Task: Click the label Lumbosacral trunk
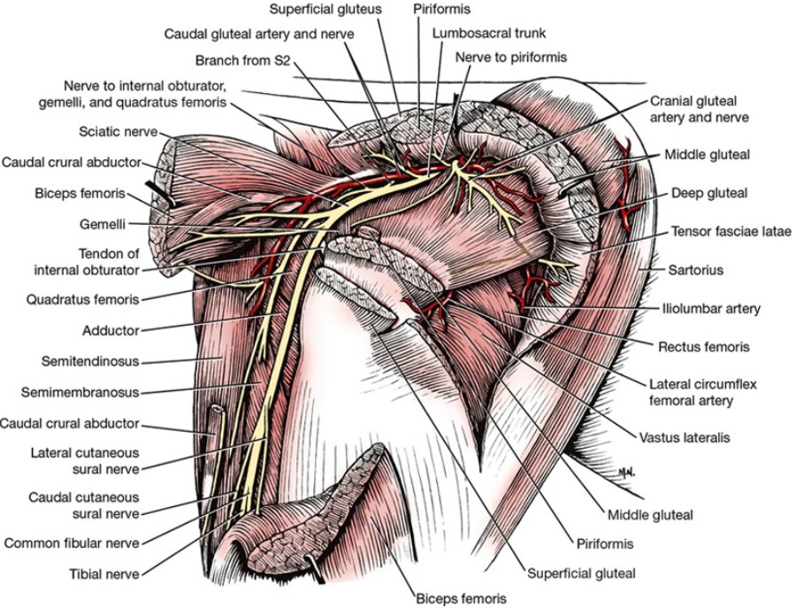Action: pos(489,33)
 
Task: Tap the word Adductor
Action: pos(110,330)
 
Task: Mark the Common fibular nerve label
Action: pos(72,543)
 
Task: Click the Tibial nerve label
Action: pos(104,574)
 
